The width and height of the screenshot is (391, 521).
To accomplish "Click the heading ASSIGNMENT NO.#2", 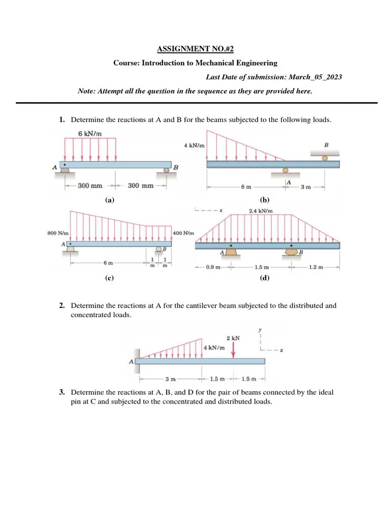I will click(x=195, y=49).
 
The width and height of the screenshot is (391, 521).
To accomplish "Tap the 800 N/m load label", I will click(x=58, y=234).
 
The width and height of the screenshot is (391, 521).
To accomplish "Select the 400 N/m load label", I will click(x=183, y=234).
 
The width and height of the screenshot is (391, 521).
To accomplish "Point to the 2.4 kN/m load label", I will click(x=260, y=211).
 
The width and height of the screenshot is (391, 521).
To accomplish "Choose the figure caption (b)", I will click(x=264, y=200).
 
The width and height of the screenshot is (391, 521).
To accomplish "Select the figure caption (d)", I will click(x=264, y=278).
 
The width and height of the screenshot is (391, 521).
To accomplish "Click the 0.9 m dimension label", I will click(x=213, y=267).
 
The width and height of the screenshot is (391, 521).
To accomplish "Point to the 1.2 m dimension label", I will click(x=316, y=267).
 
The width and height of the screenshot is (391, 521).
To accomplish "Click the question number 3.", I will click(x=61, y=392).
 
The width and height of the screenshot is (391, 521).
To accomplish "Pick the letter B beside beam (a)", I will click(x=176, y=167).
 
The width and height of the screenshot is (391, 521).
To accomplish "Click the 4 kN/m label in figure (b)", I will click(x=194, y=146).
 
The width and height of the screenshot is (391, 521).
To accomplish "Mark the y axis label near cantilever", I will click(x=260, y=330).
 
